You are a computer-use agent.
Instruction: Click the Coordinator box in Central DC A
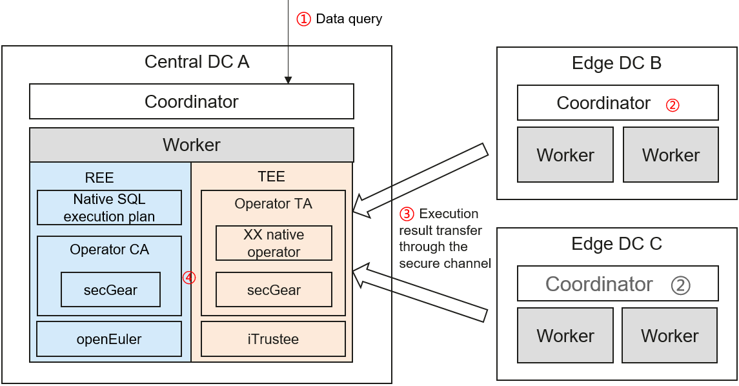pos(192,102)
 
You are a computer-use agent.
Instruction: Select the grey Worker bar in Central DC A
pos(192,145)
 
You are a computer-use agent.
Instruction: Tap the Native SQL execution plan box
pos(109,207)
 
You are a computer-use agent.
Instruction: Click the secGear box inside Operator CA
pos(110,290)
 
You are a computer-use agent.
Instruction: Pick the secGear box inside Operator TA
pos(274,290)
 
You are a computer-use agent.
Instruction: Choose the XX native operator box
pos(274,243)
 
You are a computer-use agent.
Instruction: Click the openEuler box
pos(109,339)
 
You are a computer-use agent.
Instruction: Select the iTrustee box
pos(274,339)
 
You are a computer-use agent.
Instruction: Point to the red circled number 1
pos(303,19)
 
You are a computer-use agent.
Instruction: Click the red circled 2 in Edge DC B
pos(673,105)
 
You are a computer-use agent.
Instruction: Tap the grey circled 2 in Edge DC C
pos(680,285)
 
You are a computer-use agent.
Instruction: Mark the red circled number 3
pos(407,214)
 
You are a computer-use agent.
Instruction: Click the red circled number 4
pos(188,278)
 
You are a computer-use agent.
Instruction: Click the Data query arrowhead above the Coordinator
pos(289,80)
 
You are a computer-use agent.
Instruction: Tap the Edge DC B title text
pos(616,63)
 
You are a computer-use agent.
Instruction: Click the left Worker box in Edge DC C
pos(565,336)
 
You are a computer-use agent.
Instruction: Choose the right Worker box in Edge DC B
pos(671,155)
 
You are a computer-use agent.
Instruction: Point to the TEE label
pos(271,176)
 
